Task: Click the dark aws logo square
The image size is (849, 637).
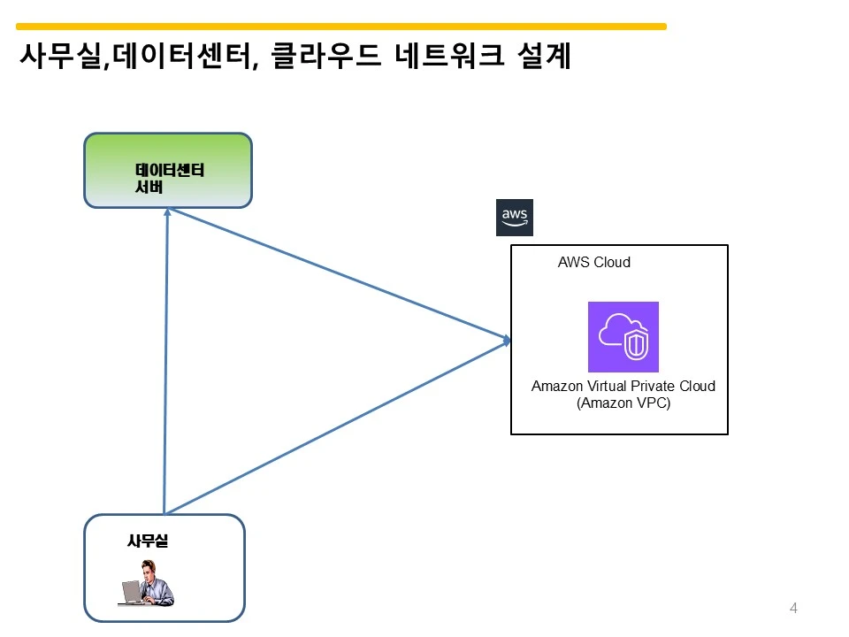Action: click(515, 218)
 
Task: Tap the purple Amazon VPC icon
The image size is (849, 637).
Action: click(623, 337)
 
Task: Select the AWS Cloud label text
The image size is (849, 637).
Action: click(594, 262)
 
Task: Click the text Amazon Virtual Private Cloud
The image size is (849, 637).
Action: click(623, 387)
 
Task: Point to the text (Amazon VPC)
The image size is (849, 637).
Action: click(623, 403)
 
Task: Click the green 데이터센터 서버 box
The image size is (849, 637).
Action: click(168, 171)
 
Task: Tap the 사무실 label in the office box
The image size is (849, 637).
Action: click(148, 541)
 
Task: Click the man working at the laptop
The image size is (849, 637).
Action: click(146, 583)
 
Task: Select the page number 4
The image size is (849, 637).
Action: click(793, 609)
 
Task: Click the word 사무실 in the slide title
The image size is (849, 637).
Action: click(60, 56)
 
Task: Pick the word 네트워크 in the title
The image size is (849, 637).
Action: click(449, 55)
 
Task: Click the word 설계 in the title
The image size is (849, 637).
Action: click(544, 55)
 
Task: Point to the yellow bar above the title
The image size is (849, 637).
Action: click(341, 26)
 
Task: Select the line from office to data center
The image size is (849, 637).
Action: click(165, 361)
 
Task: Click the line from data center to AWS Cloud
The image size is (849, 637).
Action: click(339, 274)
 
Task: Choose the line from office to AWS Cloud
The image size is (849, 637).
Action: click(337, 427)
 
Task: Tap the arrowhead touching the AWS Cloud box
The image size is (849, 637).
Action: click(507, 340)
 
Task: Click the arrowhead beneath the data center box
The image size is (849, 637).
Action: click(167, 211)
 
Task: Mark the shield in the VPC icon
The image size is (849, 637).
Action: click(636, 344)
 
